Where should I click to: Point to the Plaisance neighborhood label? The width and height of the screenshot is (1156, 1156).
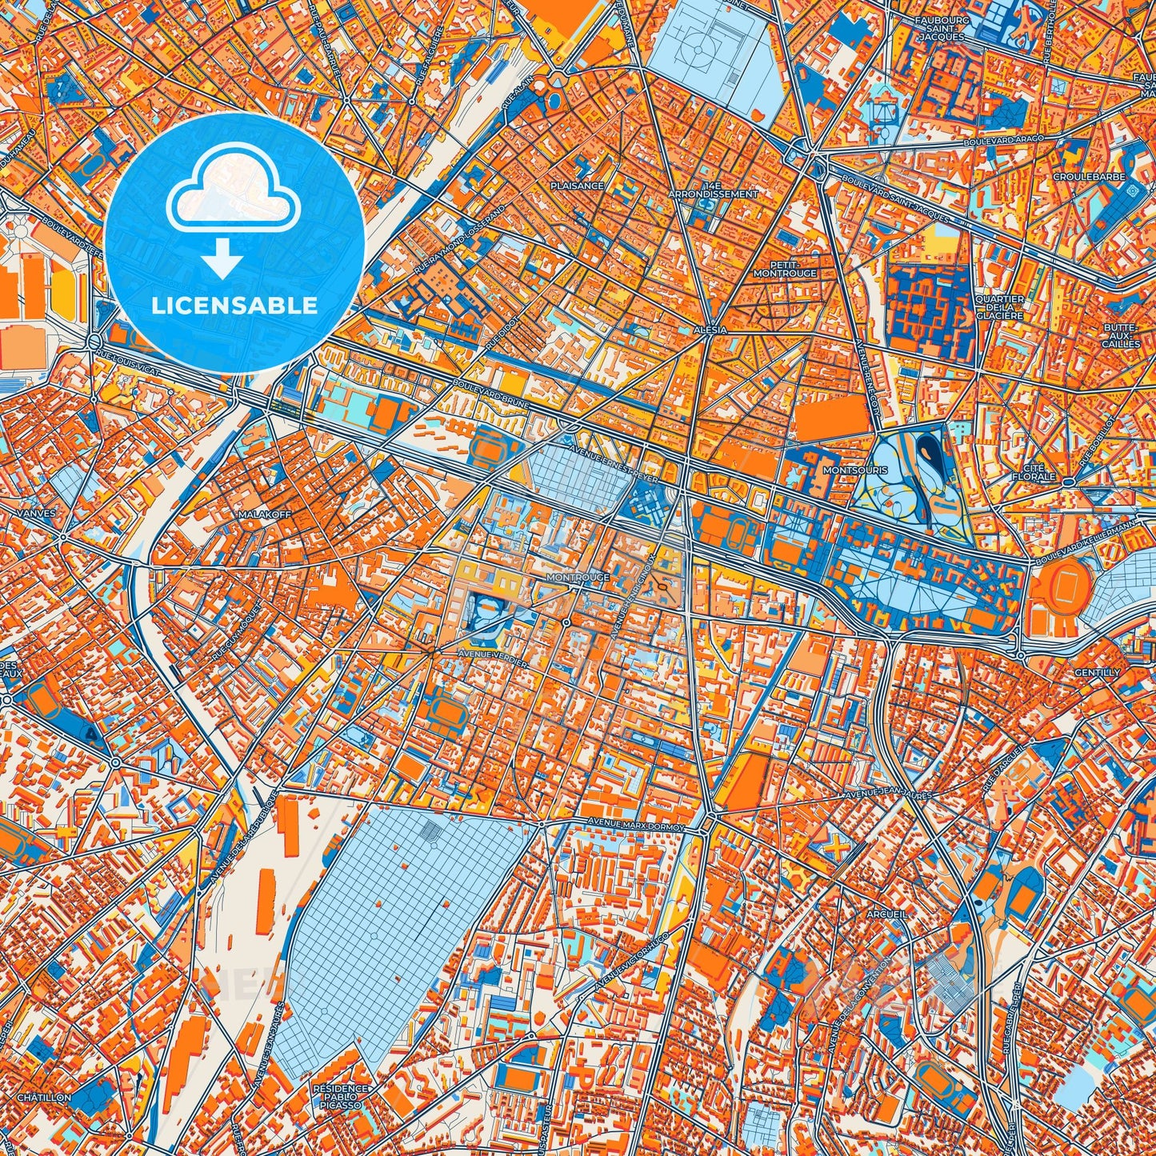(x=577, y=186)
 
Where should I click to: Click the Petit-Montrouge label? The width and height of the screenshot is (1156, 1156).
(x=785, y=268)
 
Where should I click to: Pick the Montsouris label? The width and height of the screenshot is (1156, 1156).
(x=855, y=470)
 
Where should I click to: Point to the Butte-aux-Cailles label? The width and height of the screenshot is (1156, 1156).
(x=1120, y=335)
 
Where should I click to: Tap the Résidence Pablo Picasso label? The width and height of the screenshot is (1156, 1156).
(x=342, y=1097)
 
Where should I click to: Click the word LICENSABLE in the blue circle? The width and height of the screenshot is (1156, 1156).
(x=235, y=306)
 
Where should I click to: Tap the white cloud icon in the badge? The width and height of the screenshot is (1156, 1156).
(x=233, y=188)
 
